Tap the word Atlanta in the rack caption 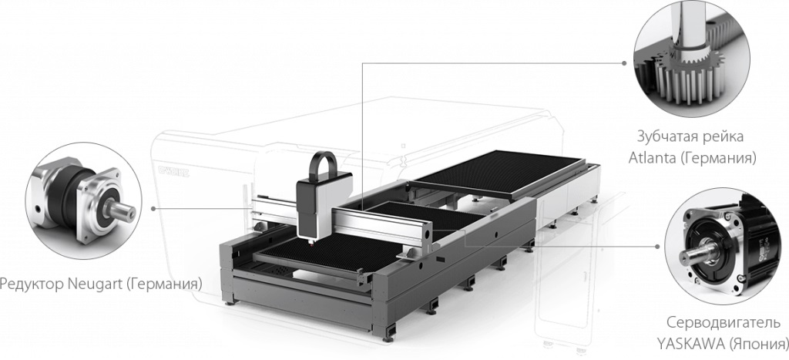point(652,158)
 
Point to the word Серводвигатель point(724,322)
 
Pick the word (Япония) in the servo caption point(757,345)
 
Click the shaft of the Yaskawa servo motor point(697,251)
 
